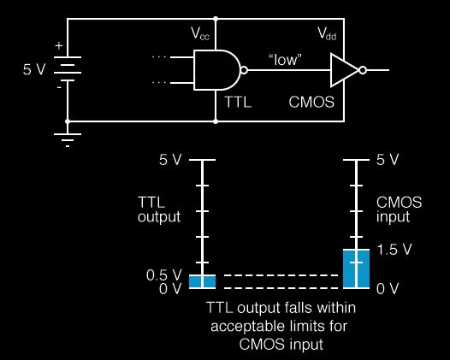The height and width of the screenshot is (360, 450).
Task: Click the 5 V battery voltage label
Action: coord(34,69)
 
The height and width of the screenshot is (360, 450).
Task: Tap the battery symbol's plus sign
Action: coord(59,45)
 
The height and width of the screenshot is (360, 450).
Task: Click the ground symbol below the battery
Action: coord(68,140)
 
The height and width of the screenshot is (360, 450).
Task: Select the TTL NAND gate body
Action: coord(216,70)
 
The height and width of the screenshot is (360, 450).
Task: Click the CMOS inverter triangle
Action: coord(345,70)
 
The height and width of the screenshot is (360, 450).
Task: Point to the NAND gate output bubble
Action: coord(244,70)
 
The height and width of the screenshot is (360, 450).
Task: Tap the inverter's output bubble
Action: coord(363,70)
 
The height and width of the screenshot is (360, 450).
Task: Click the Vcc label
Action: coord(200,34)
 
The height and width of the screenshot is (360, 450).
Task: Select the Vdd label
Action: coord(327,33)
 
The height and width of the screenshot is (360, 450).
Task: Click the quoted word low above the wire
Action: coord(285,60)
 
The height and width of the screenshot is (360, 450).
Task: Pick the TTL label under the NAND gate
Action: coord(238,102)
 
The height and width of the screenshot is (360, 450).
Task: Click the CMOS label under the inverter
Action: coord(311,102)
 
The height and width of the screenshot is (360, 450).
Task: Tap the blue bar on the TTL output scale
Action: coord(202,281)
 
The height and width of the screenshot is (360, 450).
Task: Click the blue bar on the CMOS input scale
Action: coord(356,269)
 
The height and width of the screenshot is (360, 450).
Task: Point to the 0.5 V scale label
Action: coord(164,275)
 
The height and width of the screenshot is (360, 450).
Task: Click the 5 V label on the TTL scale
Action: coord(170,160)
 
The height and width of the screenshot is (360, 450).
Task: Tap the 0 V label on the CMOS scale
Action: coord(388,288)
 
